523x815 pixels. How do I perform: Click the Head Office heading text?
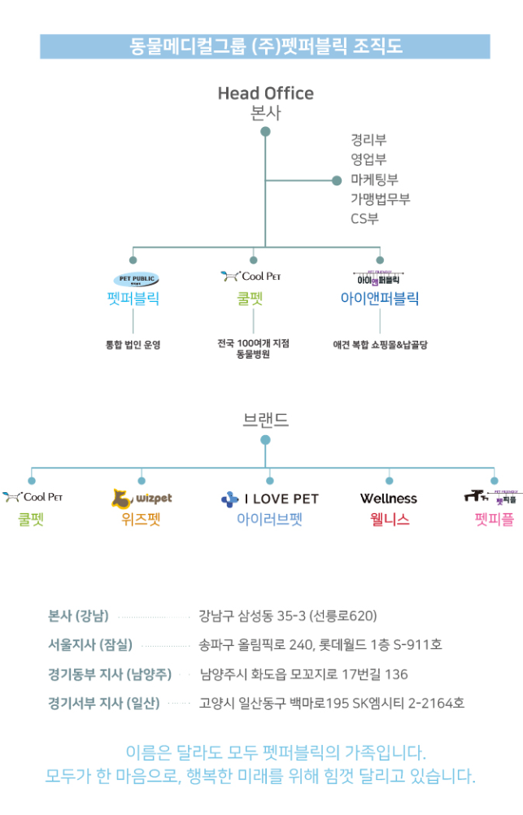265,94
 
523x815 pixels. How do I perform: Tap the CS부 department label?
364,219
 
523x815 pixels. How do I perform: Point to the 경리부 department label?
368,141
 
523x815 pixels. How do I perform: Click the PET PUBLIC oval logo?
133,279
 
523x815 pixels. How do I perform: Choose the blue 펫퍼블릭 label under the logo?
133,299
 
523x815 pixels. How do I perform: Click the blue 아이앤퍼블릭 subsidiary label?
380,299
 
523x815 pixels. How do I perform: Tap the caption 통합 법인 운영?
133,345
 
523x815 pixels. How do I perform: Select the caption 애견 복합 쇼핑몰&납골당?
380,345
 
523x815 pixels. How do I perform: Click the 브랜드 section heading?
265,420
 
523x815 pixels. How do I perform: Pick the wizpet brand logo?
142,497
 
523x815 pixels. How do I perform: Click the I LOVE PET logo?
269,499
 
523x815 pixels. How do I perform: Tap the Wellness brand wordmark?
389,499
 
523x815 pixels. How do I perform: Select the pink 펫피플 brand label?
494,519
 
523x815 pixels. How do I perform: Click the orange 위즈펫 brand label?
142,519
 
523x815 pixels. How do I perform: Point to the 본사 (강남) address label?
78,615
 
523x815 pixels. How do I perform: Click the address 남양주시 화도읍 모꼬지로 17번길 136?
303,674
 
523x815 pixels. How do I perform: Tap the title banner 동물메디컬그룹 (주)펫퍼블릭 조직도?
265,46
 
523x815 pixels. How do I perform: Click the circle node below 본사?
265,132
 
